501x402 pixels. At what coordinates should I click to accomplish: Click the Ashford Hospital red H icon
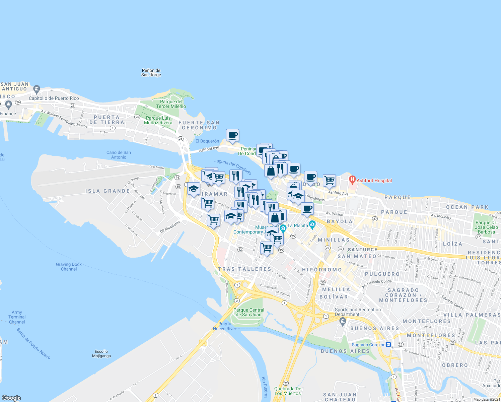tap(352, 180)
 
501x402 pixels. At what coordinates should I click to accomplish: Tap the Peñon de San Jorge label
tap(151, 73)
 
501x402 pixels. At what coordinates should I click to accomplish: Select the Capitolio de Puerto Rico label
tap(54, 98)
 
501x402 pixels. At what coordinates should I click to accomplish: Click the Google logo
tap(11, 398)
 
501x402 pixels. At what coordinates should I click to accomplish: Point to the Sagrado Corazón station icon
tap(388, 344)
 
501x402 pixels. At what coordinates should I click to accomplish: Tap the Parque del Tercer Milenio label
tap(171, 104)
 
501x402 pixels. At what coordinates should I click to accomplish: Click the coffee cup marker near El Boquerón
tap(232, 135)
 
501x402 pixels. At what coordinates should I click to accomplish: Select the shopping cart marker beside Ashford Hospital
tap(329, 181)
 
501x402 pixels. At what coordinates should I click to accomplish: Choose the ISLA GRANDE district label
tap(108, 191)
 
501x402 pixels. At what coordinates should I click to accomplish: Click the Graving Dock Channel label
tap(69, 267)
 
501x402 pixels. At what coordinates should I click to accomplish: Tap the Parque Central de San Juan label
tap(249, 312)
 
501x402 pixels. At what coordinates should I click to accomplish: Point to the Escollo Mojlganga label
tap(101, 353)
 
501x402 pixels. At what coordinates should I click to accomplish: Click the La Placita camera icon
tap(312, 225)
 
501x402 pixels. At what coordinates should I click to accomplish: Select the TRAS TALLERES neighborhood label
tap(244, 269)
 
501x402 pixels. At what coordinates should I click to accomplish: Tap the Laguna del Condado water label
tap(233, 167)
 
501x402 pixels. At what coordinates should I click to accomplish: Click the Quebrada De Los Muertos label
tap(288, 391)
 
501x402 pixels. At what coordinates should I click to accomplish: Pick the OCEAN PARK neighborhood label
tap(467, 207)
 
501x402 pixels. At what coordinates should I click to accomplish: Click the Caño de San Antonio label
tap(119, 155)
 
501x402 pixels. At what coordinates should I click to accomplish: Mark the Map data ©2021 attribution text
tap(487, 399)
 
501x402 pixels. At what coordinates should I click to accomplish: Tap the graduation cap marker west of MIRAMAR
tap(193, 189)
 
